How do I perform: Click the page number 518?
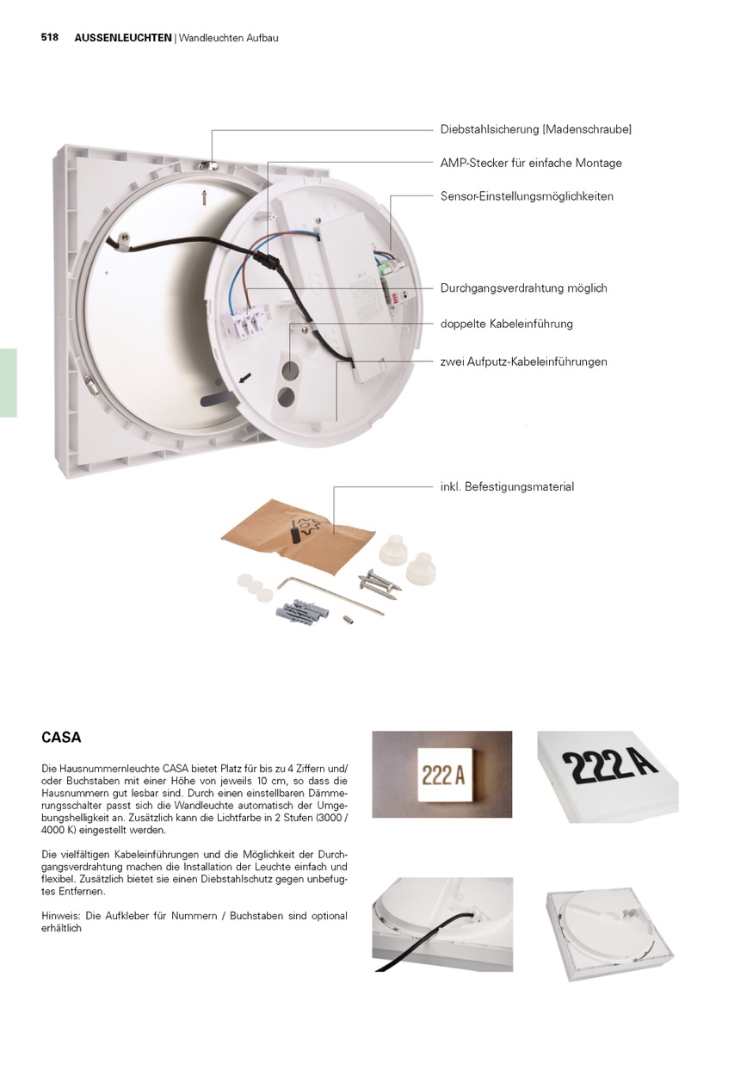tap(49, 38)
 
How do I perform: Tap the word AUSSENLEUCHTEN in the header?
tap(123, 38)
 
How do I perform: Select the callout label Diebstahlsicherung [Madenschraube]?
tap(535, 129)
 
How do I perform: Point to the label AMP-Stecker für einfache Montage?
tap(531, 163)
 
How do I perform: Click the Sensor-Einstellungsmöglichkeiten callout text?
tap(527, 196)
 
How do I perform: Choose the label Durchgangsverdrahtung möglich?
tap(523, 288)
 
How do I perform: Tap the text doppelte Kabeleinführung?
tap(506, 325)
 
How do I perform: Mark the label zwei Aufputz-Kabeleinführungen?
tap(523, 362)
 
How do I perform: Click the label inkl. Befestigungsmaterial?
tap(507, 487)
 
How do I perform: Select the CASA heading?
tap(61, 738)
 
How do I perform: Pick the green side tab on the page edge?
tap(8, 383)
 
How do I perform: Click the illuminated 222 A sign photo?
tap(441, 775)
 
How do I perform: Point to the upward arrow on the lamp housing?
tap(204, 198)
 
